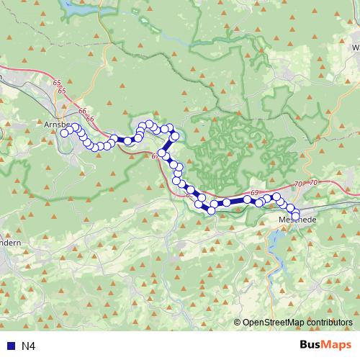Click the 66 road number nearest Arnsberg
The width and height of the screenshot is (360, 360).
point(82,112)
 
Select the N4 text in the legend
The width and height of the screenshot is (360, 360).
point(29,346)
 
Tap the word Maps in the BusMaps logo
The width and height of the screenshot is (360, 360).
point(337,345)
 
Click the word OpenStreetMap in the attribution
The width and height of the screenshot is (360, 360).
point(276,323)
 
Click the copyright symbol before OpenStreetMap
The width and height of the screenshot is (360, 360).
point(238,323)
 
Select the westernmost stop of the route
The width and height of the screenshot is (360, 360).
point(64,132)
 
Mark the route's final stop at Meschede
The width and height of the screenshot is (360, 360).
point(295,215)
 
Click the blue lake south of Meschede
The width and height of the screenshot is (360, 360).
point(274,245)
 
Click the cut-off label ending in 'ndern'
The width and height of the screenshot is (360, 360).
point(9,243)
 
